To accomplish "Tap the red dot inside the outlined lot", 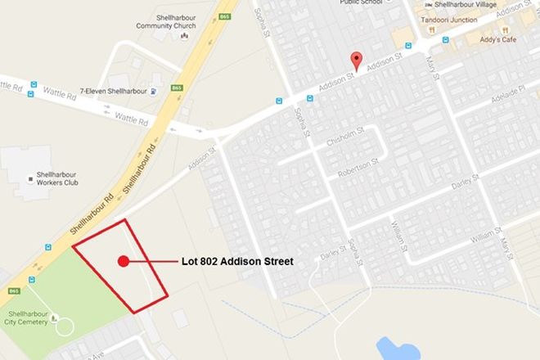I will (124, 262).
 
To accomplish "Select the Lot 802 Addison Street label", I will (237, 262).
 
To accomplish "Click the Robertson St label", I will (354, 167).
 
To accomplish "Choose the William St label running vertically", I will (398, 232).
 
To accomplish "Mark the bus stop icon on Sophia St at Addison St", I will (278, 101).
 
